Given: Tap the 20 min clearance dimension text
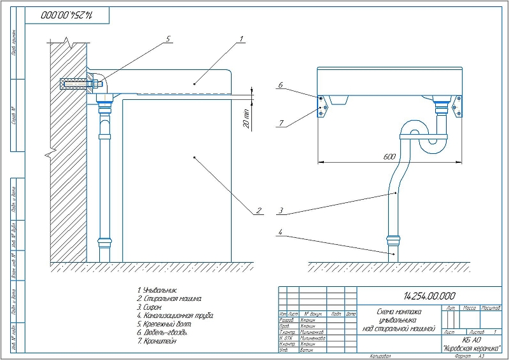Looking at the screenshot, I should click(x=247, y=118).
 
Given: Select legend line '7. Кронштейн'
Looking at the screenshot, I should click(x=158, y=341).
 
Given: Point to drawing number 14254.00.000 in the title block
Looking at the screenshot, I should click(x=429, y=296).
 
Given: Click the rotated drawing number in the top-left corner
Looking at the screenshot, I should click(x=67, y=14).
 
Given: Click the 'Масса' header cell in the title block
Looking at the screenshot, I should click(x=471, y=308).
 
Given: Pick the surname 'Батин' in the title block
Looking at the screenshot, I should click(x=307, y=350).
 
